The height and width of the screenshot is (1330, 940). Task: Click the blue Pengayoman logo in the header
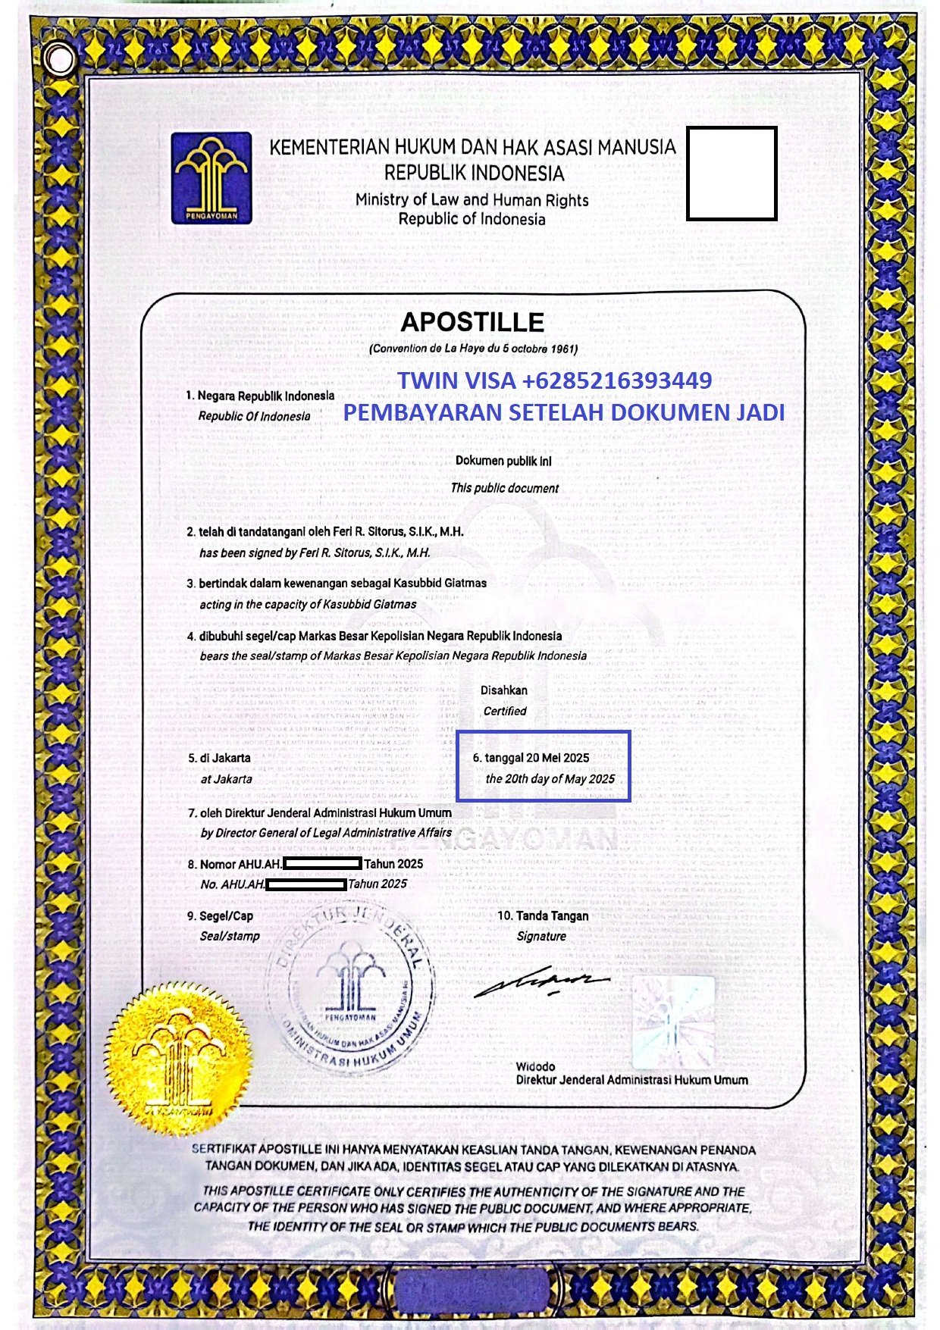click(211, 178)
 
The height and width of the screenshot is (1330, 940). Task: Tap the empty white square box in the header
click(732, 174)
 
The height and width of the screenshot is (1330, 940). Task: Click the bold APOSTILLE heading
click(472, 322)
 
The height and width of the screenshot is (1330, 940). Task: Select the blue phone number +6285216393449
click(617, 380)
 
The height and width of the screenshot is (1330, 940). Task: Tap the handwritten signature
click(541, 983)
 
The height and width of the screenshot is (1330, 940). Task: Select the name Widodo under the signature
click(535, 1066)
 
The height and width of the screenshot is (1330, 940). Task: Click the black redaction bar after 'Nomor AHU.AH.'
click(322, 863)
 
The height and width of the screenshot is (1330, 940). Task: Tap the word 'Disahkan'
click(504, 690)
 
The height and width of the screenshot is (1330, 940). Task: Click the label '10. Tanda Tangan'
click(543, 915)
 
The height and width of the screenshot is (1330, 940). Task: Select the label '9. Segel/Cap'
click(221, 915)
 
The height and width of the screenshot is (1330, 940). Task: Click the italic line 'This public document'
click(505, 488)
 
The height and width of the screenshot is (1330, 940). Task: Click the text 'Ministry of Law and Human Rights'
click(472, 200)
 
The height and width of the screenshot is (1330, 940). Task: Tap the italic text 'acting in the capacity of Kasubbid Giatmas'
click(308, 604)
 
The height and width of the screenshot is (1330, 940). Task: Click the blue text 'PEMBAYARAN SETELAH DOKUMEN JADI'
click(564, 412)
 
